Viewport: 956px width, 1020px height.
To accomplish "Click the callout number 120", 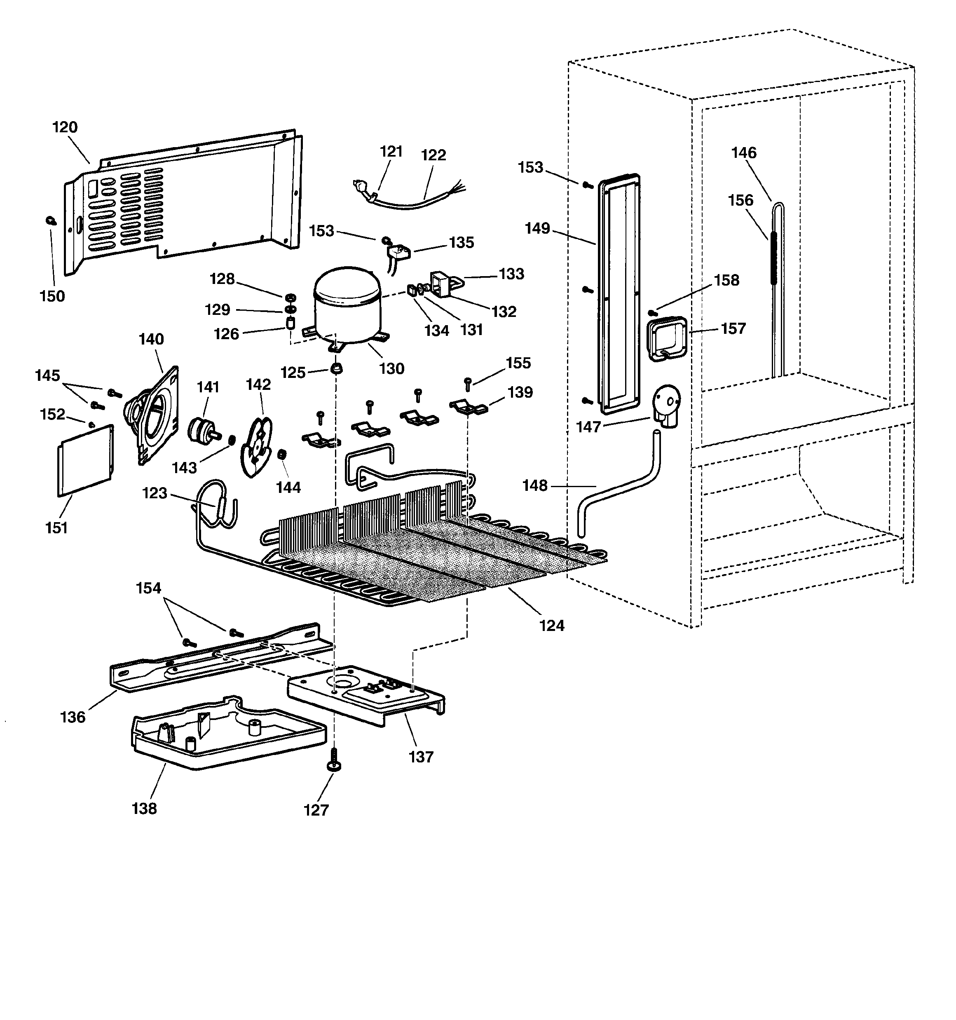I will coord(65,127).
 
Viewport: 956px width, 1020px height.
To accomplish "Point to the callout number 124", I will coord(552,626).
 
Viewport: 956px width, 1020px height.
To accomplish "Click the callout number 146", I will coord(743,152).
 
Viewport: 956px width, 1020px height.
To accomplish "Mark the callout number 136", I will coord(73,717).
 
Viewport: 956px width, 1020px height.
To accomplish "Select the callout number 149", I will coord(537,228).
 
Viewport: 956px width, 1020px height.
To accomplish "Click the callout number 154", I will coord(148,588).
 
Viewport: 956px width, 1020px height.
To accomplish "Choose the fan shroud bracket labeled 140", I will coord(154,415).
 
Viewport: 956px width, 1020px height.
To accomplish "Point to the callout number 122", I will coord(433,155).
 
